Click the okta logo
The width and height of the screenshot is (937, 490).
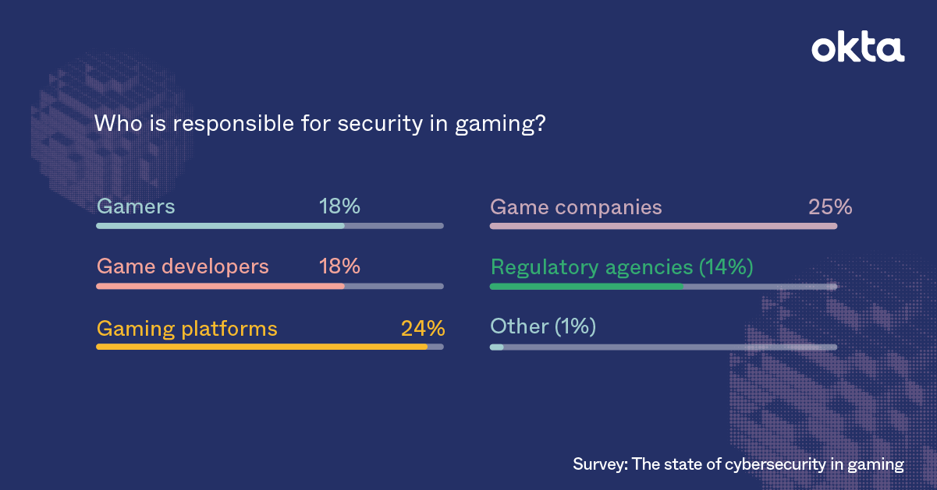[857, 48]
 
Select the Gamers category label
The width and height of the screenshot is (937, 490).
[136, 206]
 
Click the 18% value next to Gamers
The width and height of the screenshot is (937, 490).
[339, 206]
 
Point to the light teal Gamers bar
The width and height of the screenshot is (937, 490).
[220, 226]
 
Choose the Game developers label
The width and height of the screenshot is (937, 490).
[183, 266]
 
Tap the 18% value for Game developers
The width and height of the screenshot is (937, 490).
[339, 266]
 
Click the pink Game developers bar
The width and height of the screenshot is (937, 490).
[220, 286]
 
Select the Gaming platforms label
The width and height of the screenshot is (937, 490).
[187, 329]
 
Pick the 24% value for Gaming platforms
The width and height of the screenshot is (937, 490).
[423, 329]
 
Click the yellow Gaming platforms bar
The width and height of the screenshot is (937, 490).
[261, 347]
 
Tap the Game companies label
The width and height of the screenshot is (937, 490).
[576, 208]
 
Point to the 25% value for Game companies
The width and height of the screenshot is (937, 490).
[830, 208]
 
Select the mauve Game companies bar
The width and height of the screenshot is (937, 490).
[663, 226]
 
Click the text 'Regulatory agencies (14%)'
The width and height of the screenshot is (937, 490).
[621, 267]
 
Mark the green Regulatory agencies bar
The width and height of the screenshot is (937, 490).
[586, 287]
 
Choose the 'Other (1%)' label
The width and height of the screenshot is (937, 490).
[542, 326]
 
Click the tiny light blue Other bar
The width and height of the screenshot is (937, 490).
[497, 347]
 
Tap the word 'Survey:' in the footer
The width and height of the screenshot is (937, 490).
[599, 465]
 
